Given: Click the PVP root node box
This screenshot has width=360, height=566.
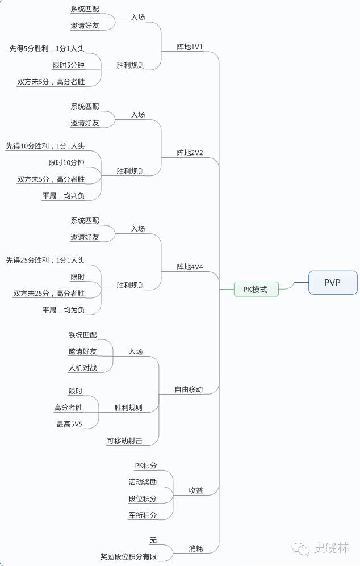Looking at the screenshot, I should pos(332,282).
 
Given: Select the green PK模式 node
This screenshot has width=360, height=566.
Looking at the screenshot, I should pos(256,289).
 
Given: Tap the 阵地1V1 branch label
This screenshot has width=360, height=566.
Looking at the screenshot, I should pos(190,47).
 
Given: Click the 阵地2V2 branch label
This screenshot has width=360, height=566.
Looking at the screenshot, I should pos(190,153).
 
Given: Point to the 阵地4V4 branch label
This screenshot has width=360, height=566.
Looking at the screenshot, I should pos(190,267).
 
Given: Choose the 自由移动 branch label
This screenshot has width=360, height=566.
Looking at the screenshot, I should pos(189,389).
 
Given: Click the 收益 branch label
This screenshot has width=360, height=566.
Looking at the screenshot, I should pos(196,490).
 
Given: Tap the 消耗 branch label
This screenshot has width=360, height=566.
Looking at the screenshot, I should pos(196,548).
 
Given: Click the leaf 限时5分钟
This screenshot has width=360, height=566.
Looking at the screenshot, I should pos(68,65).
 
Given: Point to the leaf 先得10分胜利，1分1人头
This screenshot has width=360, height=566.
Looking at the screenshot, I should pos(45,146).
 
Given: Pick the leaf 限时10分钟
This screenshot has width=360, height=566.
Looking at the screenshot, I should pos(66,163).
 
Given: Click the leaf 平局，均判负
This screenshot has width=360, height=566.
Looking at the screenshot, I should pos(63,196).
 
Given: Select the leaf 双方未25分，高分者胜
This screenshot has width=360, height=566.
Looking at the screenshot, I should pos(49,294).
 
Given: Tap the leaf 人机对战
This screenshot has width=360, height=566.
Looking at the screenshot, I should pos(83,368).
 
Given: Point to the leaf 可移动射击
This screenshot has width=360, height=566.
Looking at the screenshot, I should pos(124,441).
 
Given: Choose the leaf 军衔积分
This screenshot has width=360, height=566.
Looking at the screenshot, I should pos(143,515).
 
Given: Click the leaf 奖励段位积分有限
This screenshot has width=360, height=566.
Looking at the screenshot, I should pos(128,557).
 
